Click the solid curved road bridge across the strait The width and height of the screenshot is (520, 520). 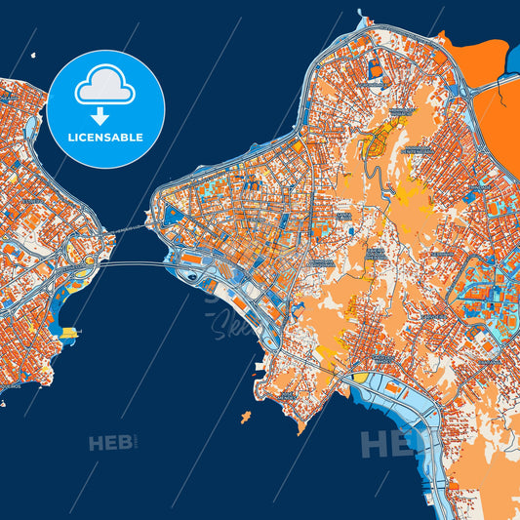pos(127,262)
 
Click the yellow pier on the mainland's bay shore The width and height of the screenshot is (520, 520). pos(68,333)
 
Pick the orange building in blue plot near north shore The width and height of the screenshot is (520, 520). pos(374,70)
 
